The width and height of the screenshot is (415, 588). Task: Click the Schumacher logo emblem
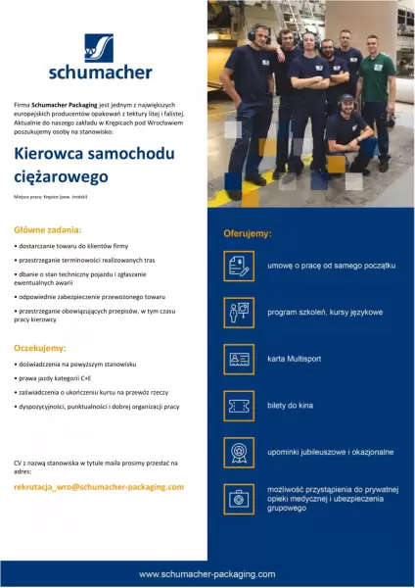(x=98, y=48)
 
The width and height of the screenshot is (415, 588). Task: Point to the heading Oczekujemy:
(x=40, y=348)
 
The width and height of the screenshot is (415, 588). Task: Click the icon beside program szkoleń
(x=239, y=313)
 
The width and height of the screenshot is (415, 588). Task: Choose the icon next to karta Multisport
(x=239, y=360)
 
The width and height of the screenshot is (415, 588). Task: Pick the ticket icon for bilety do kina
(x=239, y=406)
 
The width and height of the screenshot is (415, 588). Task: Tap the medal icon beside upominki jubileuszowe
(x=239, y=452)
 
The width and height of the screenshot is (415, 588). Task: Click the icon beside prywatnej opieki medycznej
(x=239, y=499)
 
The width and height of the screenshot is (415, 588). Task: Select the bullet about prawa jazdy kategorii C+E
(x=58, y=376)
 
